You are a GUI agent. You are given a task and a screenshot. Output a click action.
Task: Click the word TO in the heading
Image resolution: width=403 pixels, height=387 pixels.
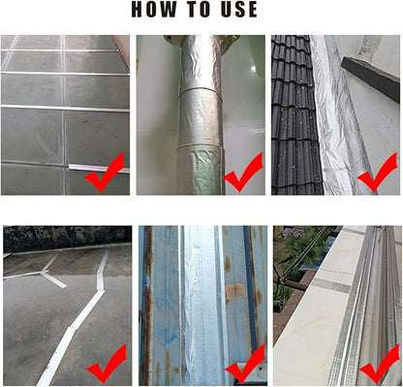pyautogui.click(x=200, y=10)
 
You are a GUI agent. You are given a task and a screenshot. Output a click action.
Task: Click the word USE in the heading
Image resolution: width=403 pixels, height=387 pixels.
pyautogui.click(x=239, y=10)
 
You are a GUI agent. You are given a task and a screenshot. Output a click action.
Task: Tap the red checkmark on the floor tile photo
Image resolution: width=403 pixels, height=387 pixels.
pyautogui.click(x=105, y=173)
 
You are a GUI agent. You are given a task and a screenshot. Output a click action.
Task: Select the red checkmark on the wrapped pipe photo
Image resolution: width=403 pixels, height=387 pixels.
pyautogui.click(x=243, y=173)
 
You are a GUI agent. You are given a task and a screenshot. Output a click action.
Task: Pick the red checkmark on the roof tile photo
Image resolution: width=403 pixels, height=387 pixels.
pyautogui.click(x=377, y=173)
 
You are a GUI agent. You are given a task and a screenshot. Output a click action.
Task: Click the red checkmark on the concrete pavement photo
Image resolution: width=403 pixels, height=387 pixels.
pyautogui.click(x=107, y=364)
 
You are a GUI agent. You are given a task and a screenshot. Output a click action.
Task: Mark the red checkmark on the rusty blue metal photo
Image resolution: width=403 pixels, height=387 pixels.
pyautogui.click(x=245, y=364)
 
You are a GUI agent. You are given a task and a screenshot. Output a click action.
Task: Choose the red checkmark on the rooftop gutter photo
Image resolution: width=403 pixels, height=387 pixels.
pyautogui.click(x=380, y=364)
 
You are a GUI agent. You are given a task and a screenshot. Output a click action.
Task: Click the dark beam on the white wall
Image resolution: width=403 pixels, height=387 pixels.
pyautogui.click(x=371, y=79)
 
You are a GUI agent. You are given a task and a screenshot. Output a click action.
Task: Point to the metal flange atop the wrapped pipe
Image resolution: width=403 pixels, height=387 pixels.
pyautogui.click(x=201, y=42)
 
